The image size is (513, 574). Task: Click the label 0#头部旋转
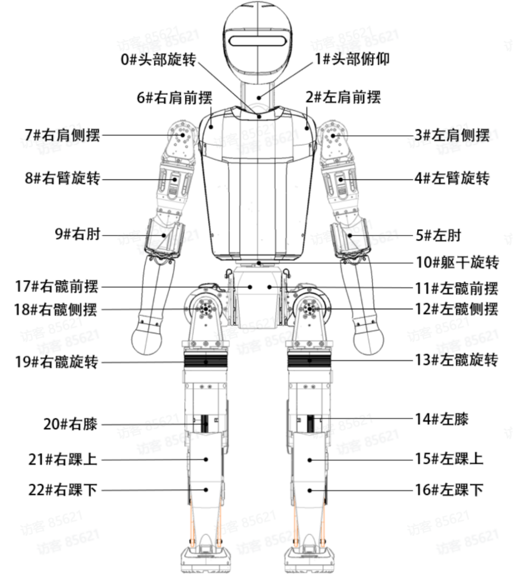coord(159,59)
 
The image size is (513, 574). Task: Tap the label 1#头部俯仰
coord(352,59)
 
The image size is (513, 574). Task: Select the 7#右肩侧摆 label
coord(62,135)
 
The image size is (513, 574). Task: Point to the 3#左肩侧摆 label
coord(452,135)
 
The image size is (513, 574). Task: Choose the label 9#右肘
coord(77,235)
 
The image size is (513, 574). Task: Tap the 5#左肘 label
coord(438,235)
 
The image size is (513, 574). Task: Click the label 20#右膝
coord(70,424)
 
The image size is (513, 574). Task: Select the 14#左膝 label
coord(441,419)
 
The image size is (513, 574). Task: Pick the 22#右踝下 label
coord(64,490)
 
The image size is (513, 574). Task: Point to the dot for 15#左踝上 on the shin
coord(310,460)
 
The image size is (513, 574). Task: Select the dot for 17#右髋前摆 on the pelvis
coord(250,286)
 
